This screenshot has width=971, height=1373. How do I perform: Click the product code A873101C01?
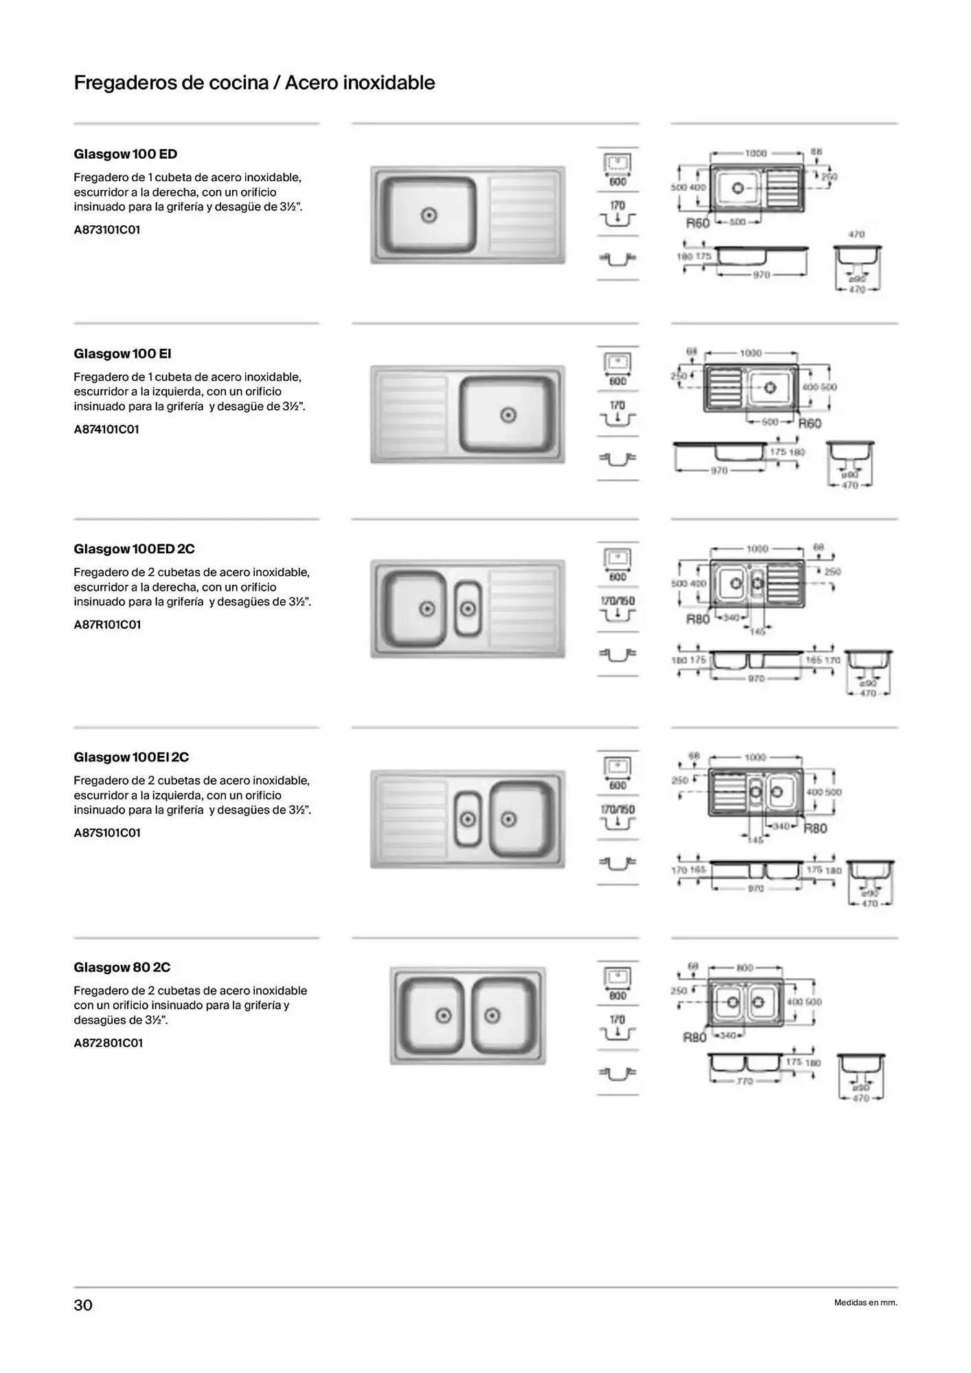point(107,230)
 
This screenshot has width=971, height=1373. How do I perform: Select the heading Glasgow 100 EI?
point(122,354)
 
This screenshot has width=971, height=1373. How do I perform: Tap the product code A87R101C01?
point(107,625)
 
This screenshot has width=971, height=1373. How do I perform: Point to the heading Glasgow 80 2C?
point(122,967)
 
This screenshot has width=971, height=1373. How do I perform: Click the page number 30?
point(83,1305)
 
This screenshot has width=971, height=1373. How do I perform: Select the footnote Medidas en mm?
point(865,1303)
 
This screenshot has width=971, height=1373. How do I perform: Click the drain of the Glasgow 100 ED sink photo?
point(430,216)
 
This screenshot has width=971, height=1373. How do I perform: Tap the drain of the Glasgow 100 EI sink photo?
point(508,415)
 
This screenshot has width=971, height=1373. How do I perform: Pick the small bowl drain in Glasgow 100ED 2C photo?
point(468,609)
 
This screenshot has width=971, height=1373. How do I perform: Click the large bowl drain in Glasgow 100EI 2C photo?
point(509,819)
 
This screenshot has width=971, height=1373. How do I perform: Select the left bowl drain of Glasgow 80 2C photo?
point(444,1015)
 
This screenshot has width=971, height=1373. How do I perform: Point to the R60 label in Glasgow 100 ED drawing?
point(698,223)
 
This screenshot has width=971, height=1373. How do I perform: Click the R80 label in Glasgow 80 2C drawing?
point(694,1037)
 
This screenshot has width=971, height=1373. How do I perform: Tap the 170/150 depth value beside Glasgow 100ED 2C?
point(618,601)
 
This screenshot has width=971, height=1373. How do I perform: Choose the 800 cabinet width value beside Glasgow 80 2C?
point(618,995)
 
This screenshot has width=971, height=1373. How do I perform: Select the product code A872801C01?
point(108,1043)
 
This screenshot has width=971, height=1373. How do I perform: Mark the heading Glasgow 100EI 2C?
point(131,757)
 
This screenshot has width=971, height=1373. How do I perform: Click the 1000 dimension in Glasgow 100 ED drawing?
point(755,153)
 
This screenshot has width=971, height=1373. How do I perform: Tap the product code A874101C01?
point(106,430)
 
